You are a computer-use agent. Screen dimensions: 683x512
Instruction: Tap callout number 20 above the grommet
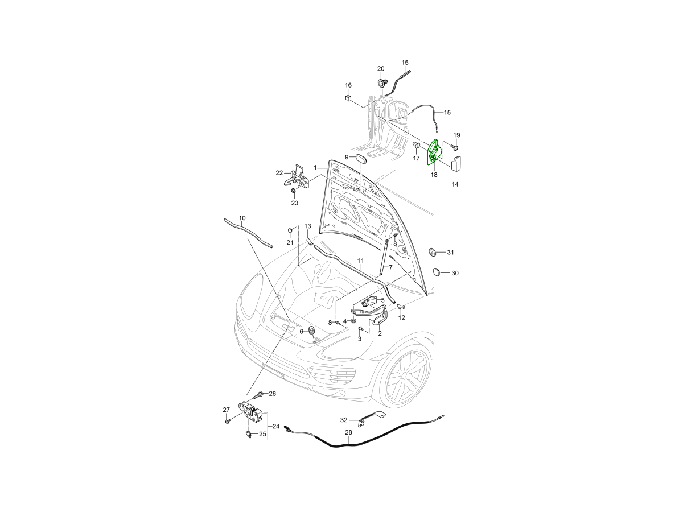coord(381,69)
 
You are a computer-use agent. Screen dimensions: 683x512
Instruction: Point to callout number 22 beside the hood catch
coord(279,173)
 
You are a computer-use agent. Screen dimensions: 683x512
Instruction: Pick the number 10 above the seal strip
coord(242,218)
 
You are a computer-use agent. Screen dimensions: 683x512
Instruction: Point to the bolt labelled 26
coord(258,395)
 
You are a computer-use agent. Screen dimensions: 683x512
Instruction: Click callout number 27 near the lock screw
coord(226,410)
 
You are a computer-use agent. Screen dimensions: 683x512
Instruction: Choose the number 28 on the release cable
coord(348,432)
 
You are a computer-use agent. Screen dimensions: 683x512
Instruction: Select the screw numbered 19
coord(455,147)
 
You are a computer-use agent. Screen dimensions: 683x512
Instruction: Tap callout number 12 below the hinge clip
coord(402,317)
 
